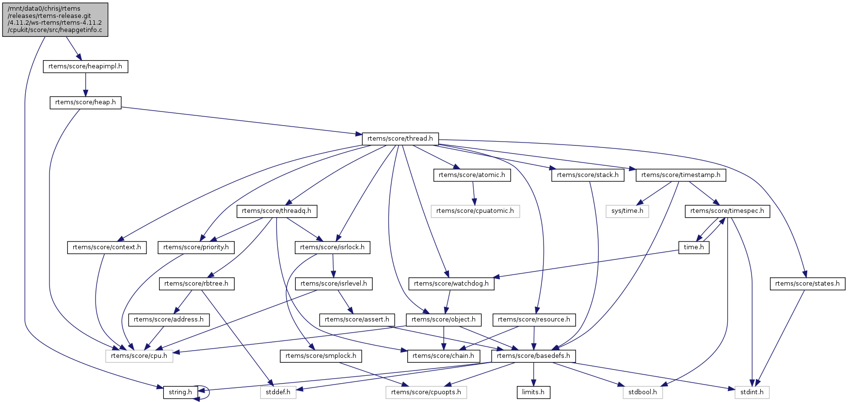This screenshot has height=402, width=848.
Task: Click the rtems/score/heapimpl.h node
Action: [x=85, y=66]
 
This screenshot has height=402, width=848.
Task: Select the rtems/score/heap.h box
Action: [x=85, y=102]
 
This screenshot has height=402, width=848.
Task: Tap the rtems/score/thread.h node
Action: [x=400, y=139]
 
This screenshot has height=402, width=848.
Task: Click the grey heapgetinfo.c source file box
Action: [x=55, y=19]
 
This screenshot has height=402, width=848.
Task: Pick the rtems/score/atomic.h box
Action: [x=472, y=175]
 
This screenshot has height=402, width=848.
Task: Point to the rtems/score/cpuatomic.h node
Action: [x=475, y=211]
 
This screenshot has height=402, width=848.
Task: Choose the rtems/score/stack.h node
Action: [x=588, y=175]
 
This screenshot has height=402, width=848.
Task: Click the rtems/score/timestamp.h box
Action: [x=681, y=175]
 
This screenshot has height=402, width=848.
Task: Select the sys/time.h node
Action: [x=627, y=211]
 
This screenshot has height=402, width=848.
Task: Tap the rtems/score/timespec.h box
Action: [x=727, y=211]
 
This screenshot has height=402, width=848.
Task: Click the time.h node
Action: [x=694, y=247]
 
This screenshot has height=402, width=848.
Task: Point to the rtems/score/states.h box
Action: [x=807, y=284]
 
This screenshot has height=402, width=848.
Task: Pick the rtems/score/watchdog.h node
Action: [x=451, y=284]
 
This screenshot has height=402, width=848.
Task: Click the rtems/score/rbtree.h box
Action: [x=196, y=284]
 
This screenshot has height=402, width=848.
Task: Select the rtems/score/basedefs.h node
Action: [x=533, y=356]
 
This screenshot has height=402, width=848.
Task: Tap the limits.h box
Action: [x=533, y=392]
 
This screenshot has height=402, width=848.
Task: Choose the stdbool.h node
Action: [x=643, y=392]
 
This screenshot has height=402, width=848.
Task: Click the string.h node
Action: [x=180, y=392]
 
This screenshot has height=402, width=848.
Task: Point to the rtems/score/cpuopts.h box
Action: [x=426, y=392]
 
